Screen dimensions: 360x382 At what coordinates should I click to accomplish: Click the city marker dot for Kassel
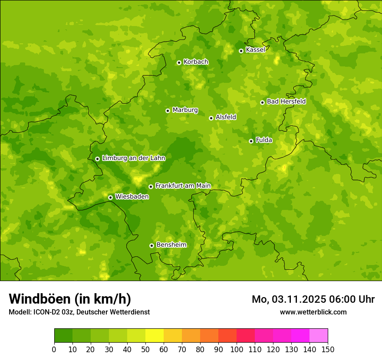point(241,51)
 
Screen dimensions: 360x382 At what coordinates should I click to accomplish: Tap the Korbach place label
point(196,62)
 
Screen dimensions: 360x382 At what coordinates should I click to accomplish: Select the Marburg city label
point(185,110)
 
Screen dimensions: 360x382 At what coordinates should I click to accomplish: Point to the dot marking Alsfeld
point(211,118)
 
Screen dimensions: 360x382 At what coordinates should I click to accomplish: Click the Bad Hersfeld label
point(286,101)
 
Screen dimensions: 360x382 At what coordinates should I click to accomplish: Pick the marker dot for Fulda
point(251,141)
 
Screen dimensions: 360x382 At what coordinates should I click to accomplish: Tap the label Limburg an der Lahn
point(133,158)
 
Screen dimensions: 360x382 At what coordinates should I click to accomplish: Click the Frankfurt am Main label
point(183,186)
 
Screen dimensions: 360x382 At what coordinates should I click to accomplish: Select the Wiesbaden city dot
point(110,197)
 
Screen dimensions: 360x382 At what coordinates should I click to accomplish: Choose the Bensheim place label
point(171,245)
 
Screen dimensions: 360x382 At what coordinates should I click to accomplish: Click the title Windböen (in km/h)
point(70,299)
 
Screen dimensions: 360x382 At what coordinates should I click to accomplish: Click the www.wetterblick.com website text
point(313,312)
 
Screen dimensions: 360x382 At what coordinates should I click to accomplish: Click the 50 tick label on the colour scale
point(145,349)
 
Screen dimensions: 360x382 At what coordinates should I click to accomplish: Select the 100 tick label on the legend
point(236,349)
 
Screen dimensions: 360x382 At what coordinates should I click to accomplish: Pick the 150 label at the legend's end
point(327,349)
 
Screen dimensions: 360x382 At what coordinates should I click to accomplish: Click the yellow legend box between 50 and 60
point(154,335)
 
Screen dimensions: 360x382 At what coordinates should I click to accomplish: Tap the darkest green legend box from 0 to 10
point(63,335)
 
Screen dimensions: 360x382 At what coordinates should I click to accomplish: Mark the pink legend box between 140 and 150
point(318,335)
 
